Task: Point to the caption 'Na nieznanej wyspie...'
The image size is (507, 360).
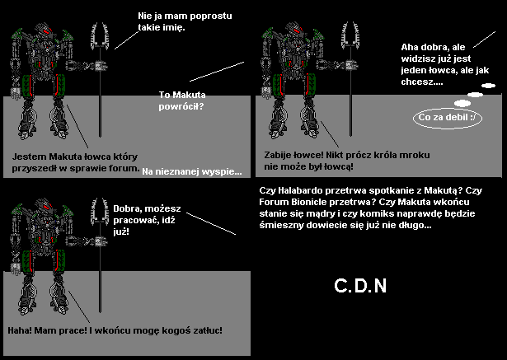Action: coord(192,171)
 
